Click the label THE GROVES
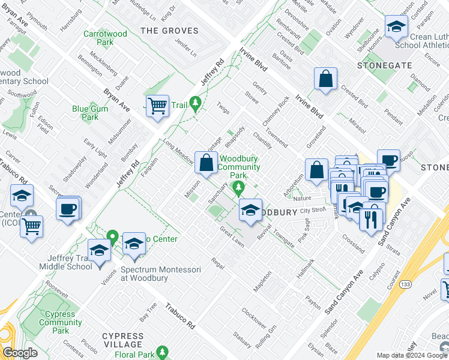(x=169, y=31)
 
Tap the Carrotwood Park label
(x=106, y=38)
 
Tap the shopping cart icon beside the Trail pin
(x=157, y=106)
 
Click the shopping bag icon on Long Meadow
(x=206, y=163)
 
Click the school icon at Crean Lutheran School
(x=396, y=27)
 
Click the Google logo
(x=20, y=353)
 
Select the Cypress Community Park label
(x=61, y=322)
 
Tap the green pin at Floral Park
(x=161, y=352)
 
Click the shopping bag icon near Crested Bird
(x=325, y=79)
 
